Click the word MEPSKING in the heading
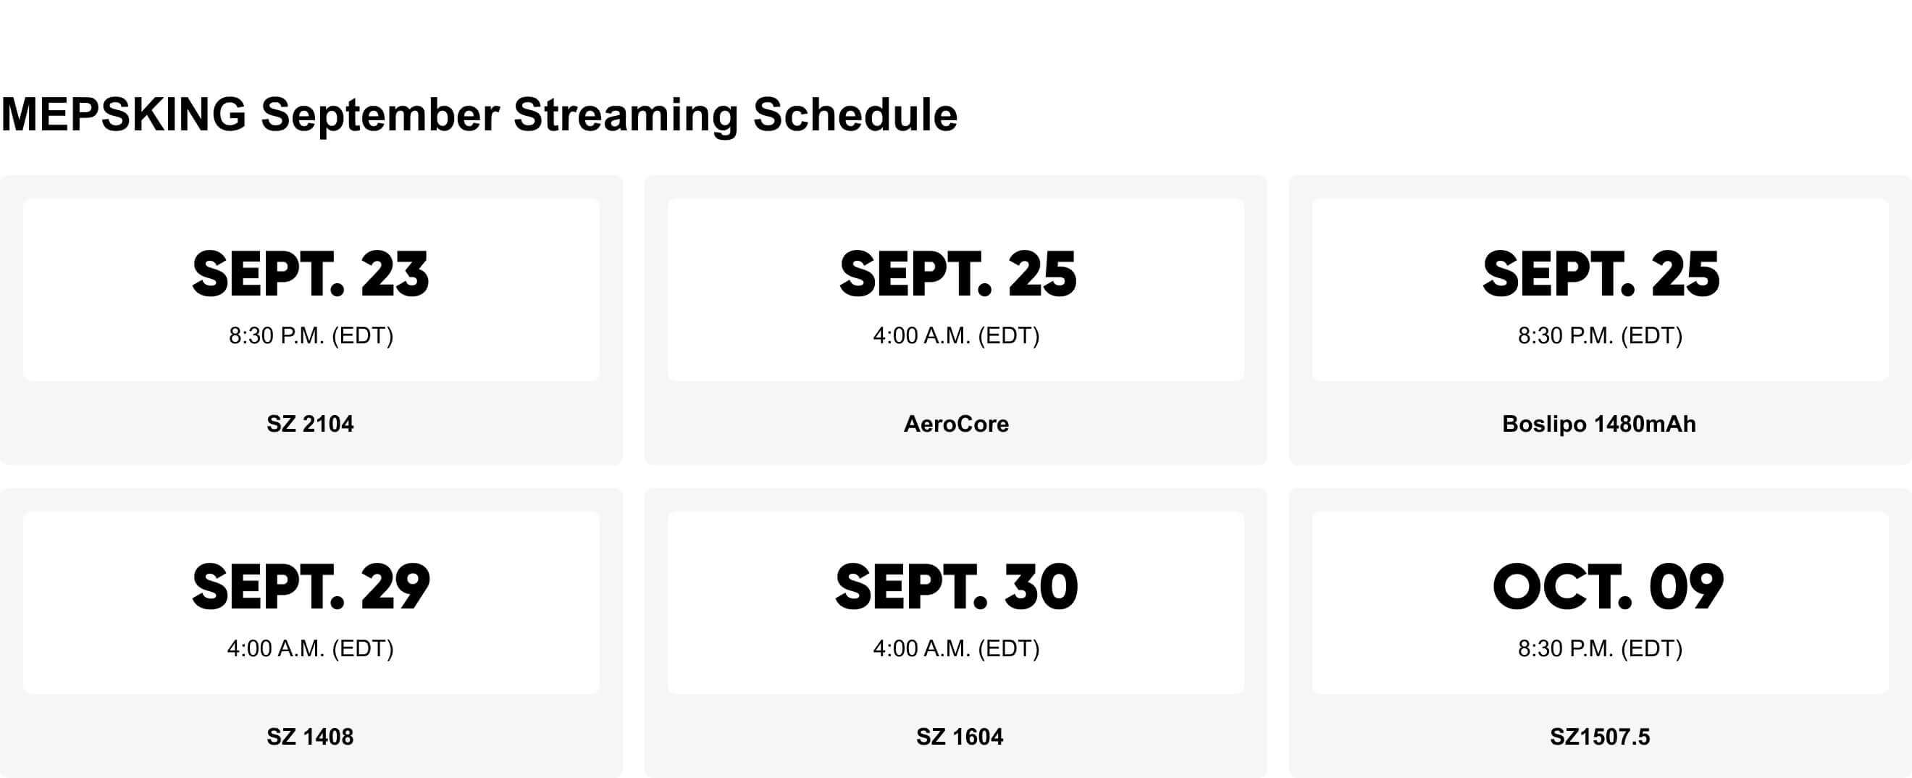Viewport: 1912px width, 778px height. tap(124, 115)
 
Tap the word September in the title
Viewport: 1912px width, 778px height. tap(380, 115)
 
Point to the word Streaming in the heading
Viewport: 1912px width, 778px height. tap(625, 115)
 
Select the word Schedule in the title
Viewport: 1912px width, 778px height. tap(855, 115)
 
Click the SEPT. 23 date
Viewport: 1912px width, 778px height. tap(310, 275)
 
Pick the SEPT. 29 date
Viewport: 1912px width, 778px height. tap(310, 588)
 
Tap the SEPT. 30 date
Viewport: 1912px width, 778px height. tap(956, 588)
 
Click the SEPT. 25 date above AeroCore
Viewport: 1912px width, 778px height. tap(957, 275)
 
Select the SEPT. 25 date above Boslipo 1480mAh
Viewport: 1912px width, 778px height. tap(1601, 275)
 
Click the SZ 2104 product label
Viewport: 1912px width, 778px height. tap(310, 424)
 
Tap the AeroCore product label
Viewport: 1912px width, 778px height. tap(956, 424)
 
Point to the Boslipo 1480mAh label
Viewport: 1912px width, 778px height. tap(1599, 424)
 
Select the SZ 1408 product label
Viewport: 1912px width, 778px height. tap(310, 737)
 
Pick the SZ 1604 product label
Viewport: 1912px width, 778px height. tap(959, 737)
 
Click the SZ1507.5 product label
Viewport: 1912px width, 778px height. tap(1600, 737)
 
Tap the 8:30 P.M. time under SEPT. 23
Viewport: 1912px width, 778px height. tap(310, 335)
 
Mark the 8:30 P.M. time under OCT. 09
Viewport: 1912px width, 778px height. tap(1600, 649)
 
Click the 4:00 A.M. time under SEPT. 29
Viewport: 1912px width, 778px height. tap(310, 649)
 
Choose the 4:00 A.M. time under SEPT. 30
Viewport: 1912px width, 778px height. tap(956, 649)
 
